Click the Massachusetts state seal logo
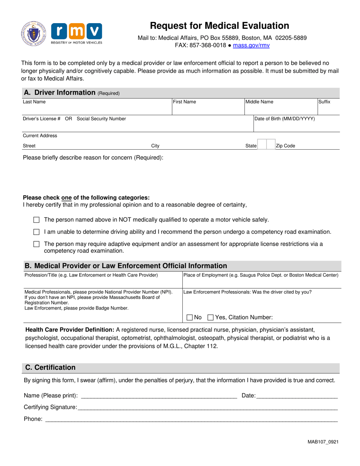(x=34, y=34)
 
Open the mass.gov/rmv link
(x=251, y=45)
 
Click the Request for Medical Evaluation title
(x=219, y=26)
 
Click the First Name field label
(x=185, y=102)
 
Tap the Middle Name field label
(x=259, y=102)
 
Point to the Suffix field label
(x=324, y=102)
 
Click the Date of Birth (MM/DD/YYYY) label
(x=285, y=119)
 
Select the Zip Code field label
(x=286, y=145)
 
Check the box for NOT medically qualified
(x=36, y=220)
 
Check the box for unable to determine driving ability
(x=36, y=232)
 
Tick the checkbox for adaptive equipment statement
(x=36, y=244)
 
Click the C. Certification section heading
(x=50, y=367)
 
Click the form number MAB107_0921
(x=323, y=442)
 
